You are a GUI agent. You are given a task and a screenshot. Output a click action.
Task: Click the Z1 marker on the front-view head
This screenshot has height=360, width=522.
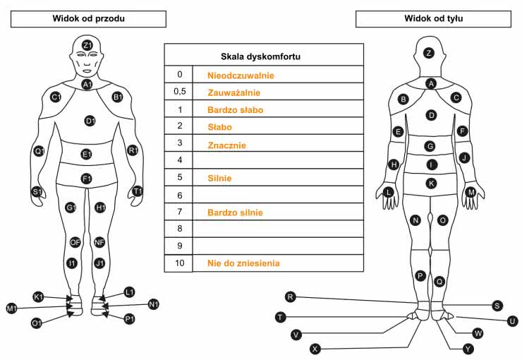click(87, 46)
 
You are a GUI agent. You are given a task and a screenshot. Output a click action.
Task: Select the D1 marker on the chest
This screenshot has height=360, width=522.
click(90, 121)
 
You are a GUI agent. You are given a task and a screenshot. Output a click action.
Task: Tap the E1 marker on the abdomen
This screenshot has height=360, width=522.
click(87, 154)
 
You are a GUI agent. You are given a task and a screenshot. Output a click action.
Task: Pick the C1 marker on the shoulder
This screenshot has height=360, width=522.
click(56, 96)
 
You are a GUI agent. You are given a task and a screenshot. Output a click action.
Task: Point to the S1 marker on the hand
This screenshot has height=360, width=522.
click(36, 191)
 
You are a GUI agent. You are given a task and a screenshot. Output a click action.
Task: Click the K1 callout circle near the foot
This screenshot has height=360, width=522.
click(38, 296)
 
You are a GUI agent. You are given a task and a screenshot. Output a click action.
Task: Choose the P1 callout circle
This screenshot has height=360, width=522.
click(129, 319)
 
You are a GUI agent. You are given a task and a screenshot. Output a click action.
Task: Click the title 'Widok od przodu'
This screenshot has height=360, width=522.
click(89, 18)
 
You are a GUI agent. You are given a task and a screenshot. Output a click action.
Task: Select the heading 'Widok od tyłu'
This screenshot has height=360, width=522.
click(433, 18)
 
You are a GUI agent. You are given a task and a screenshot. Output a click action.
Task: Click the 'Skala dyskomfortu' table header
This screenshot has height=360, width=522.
click(263, 55)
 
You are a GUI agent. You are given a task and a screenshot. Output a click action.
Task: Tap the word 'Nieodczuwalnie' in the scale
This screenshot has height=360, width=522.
click(241, 75)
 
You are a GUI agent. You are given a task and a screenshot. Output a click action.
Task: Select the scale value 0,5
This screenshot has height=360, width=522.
click(179, 92)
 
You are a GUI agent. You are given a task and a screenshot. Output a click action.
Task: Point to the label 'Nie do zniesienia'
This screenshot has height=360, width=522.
click(243, 263)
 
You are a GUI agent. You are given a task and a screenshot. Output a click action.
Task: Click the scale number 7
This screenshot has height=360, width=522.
click(179, 212)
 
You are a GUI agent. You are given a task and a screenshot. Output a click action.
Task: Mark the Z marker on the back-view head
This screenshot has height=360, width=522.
click(428, 53)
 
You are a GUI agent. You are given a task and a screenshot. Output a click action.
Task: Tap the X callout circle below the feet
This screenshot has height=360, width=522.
click(315, 348)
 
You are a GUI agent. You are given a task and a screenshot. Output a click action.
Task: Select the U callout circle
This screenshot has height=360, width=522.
click(512, 320)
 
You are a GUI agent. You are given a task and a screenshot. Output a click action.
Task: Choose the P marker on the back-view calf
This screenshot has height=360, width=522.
click(420, 275)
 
